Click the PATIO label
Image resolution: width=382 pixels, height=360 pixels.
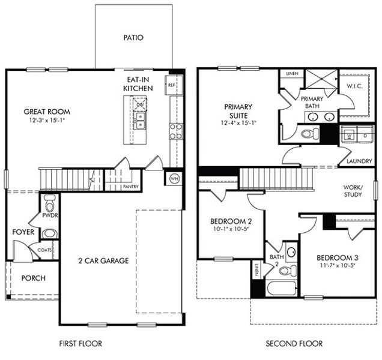(x=133, y=37)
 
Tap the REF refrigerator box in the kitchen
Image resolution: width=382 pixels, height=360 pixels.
(x=172, y=85)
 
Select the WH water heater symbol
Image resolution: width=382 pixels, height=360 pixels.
(x=174, y=178)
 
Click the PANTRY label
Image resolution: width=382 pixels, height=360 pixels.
(x=130, y=187)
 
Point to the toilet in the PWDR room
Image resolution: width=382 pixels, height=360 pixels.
(x=49, y=200)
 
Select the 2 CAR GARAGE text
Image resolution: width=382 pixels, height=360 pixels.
(x=103, y=260)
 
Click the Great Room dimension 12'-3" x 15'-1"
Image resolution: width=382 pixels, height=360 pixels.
(x=46, y=121)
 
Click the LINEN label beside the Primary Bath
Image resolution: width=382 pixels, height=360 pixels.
(x=293, y=73)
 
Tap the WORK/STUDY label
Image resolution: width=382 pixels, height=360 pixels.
(x=353, y=190)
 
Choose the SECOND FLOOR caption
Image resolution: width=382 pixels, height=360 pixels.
(x=294, y=344)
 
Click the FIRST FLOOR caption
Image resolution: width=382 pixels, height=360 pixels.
(x=80, y=344)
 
